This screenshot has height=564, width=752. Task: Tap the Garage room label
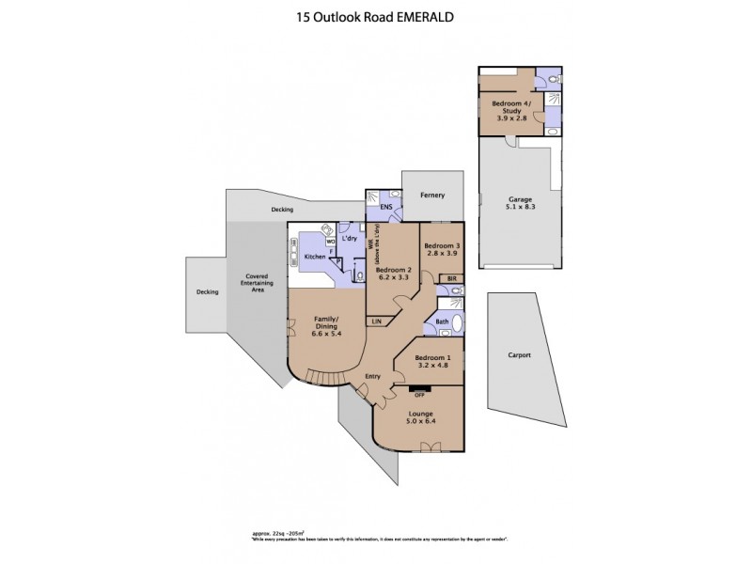521,199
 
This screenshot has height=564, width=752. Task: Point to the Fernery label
433,195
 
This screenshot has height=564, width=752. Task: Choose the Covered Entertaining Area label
251,283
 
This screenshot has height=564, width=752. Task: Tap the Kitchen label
314,257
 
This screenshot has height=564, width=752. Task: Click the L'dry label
350,239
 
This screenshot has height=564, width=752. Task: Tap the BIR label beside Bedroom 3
451,278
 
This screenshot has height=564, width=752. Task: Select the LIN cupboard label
377,322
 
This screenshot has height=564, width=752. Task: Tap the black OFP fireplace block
420,388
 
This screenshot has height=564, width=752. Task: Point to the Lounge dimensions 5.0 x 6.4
420,421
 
